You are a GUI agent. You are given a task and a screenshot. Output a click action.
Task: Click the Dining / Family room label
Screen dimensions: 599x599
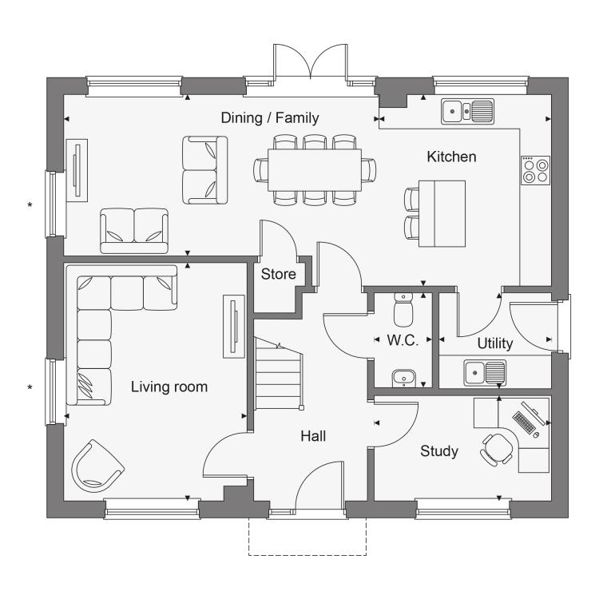coord(270,118)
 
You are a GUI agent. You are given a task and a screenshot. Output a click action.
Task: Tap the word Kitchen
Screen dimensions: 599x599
coord(451,157)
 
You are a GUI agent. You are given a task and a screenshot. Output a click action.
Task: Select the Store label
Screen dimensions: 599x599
coord(279,274)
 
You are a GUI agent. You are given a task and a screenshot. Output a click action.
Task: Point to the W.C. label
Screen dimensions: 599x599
coord(403,340)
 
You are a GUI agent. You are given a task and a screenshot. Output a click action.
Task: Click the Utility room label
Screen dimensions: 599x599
coord(495,343)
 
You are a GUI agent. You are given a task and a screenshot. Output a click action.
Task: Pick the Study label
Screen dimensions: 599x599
coord(439,451)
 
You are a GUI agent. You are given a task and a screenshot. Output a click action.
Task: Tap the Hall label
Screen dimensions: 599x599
coord(313,436)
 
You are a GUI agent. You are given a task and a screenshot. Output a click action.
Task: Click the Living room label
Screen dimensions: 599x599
coord(169,387)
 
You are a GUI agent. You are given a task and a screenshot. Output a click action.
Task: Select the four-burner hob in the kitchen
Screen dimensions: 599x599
coord(536,170)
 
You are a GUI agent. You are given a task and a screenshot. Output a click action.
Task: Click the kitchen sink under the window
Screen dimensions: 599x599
coord(467,111)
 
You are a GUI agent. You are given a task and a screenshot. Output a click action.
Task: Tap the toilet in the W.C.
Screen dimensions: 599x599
coord(403,310)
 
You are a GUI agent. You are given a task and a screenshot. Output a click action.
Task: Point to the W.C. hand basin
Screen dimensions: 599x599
coord(404,379)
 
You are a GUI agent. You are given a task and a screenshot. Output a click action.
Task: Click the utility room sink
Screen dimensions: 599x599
coord(485,372)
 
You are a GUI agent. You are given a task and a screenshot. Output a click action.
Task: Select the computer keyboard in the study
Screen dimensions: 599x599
coord(524,422)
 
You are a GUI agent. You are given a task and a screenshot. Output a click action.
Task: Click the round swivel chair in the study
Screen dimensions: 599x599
coord(497,449)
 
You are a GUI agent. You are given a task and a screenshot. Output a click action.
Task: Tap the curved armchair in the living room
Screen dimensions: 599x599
coord(97,466)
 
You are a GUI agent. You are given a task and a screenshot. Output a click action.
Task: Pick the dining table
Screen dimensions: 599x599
coord(315,170)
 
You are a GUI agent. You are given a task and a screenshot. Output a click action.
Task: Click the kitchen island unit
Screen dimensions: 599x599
coord(442,213)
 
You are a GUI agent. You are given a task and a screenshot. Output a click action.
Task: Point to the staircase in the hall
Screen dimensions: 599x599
coord(279,374)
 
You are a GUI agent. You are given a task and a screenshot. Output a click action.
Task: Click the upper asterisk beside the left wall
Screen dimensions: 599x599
coord(30,205)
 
